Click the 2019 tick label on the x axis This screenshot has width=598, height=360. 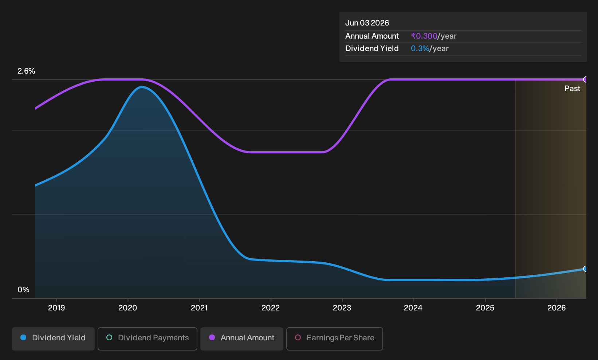pos(56,308)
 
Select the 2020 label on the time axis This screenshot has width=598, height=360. pos(127,308)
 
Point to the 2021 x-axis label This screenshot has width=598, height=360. pos(199,308)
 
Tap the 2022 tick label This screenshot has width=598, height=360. pos(271,308)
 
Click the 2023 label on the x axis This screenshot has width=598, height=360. pos(342,308)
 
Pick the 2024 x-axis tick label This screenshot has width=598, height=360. pos(413,308)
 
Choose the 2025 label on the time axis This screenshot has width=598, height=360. pos(485,308)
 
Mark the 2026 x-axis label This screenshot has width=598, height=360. pos(556,308)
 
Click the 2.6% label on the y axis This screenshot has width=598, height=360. pos(26,71)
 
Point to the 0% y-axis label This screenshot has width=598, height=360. pos(24,290)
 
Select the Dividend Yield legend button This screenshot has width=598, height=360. pos(53,339)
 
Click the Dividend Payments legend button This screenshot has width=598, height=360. pos(147,339)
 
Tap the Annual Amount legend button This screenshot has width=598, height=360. pos(241,339)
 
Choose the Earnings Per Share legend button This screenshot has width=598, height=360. pos(334,339)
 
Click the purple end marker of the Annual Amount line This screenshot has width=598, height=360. pos(585,79)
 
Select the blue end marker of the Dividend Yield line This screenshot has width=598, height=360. pos(585,269)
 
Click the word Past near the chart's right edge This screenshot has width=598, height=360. pos(572,89)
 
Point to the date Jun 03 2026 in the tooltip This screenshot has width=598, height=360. pos(367,23)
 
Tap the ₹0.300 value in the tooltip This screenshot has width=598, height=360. pos(424,36)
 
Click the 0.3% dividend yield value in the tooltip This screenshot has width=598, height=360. pos(420,48)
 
